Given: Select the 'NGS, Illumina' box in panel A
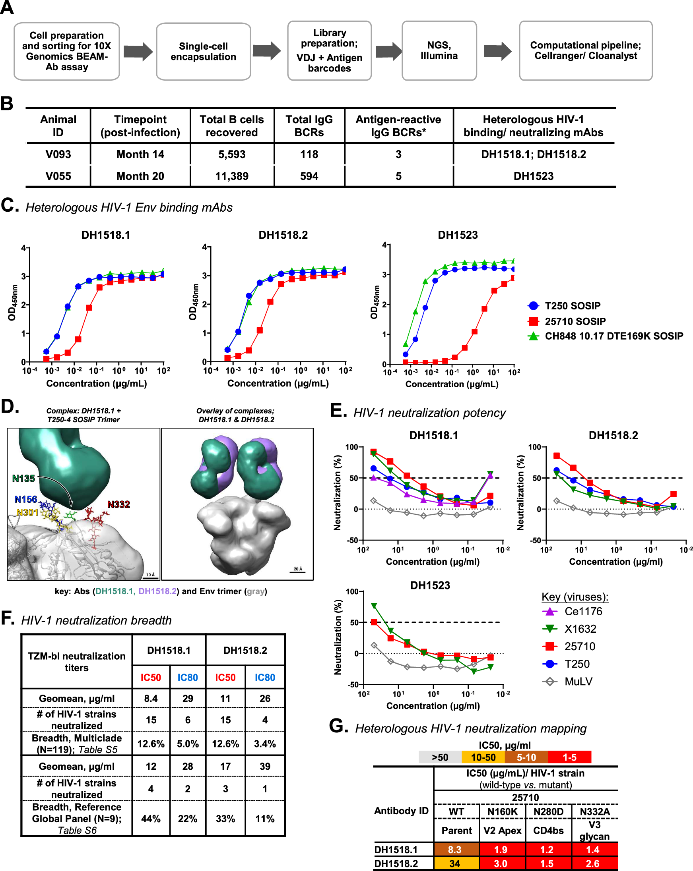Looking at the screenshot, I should tap(439, 51).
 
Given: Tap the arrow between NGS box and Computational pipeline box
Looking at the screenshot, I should tap(497, 51).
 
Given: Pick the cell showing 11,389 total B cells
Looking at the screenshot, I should tap(232, 176).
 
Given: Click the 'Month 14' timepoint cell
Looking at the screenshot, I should tap(140, 155).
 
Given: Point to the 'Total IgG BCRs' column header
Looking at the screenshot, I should tap(309, 126).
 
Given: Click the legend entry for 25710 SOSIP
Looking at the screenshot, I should tap(575, 321).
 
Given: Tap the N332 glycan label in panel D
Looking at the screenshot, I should tap(118, 504).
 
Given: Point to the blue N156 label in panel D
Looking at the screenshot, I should tap(26, 499).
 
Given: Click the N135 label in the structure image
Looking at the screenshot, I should tap(23, 478).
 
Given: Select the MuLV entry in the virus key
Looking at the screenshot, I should tap(578, 682).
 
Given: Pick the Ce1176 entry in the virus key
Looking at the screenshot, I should tap(582, 611).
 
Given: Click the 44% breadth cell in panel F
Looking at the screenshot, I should tap(150, 819).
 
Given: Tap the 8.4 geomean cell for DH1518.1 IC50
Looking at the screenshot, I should tap(150, 698).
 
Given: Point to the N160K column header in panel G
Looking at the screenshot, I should tap(502, 811).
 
